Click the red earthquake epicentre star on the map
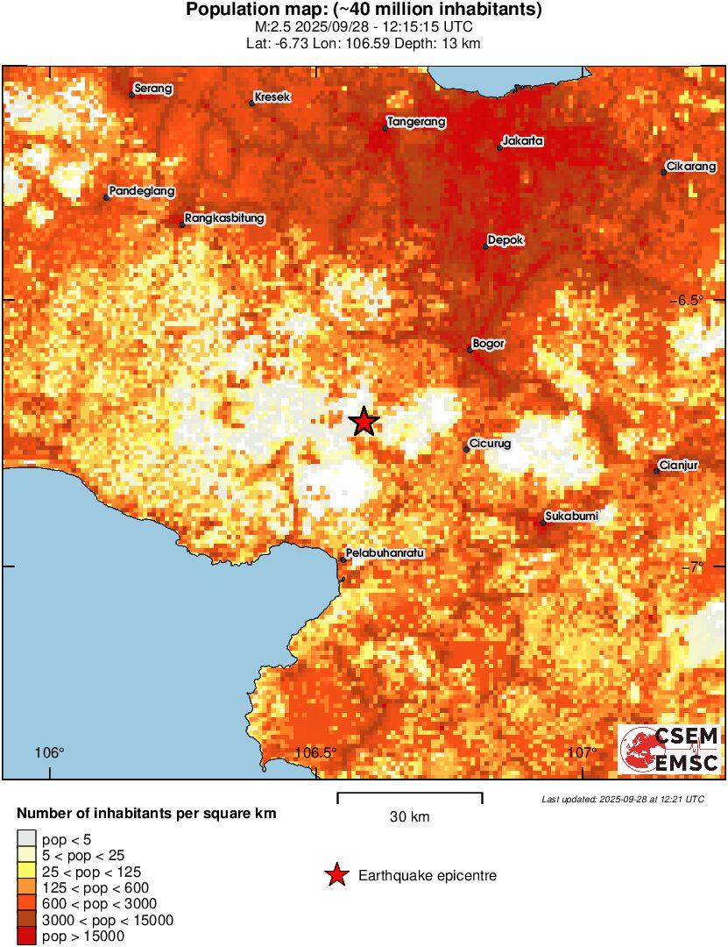[x=364, y=422]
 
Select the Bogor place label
[x=488, y=344]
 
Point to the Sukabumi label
[x=571, y=516]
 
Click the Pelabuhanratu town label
[x=385, y=553]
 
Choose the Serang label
[x=153, y=89]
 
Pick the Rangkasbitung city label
[x=225, y=218]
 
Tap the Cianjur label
[x=679, y=466]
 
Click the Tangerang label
[x=417, y=122]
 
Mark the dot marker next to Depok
[x=485, y=246]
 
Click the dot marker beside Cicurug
[x=466, y=450]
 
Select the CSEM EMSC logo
[x=669, y=750]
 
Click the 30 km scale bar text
[x=409, y=817]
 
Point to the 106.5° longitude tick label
[x=316, y=752]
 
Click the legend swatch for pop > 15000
[x=27, y=936]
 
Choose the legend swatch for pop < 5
[x=27, y=839]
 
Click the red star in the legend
[x=336, y=875]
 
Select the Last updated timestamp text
[x=622, y=800]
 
